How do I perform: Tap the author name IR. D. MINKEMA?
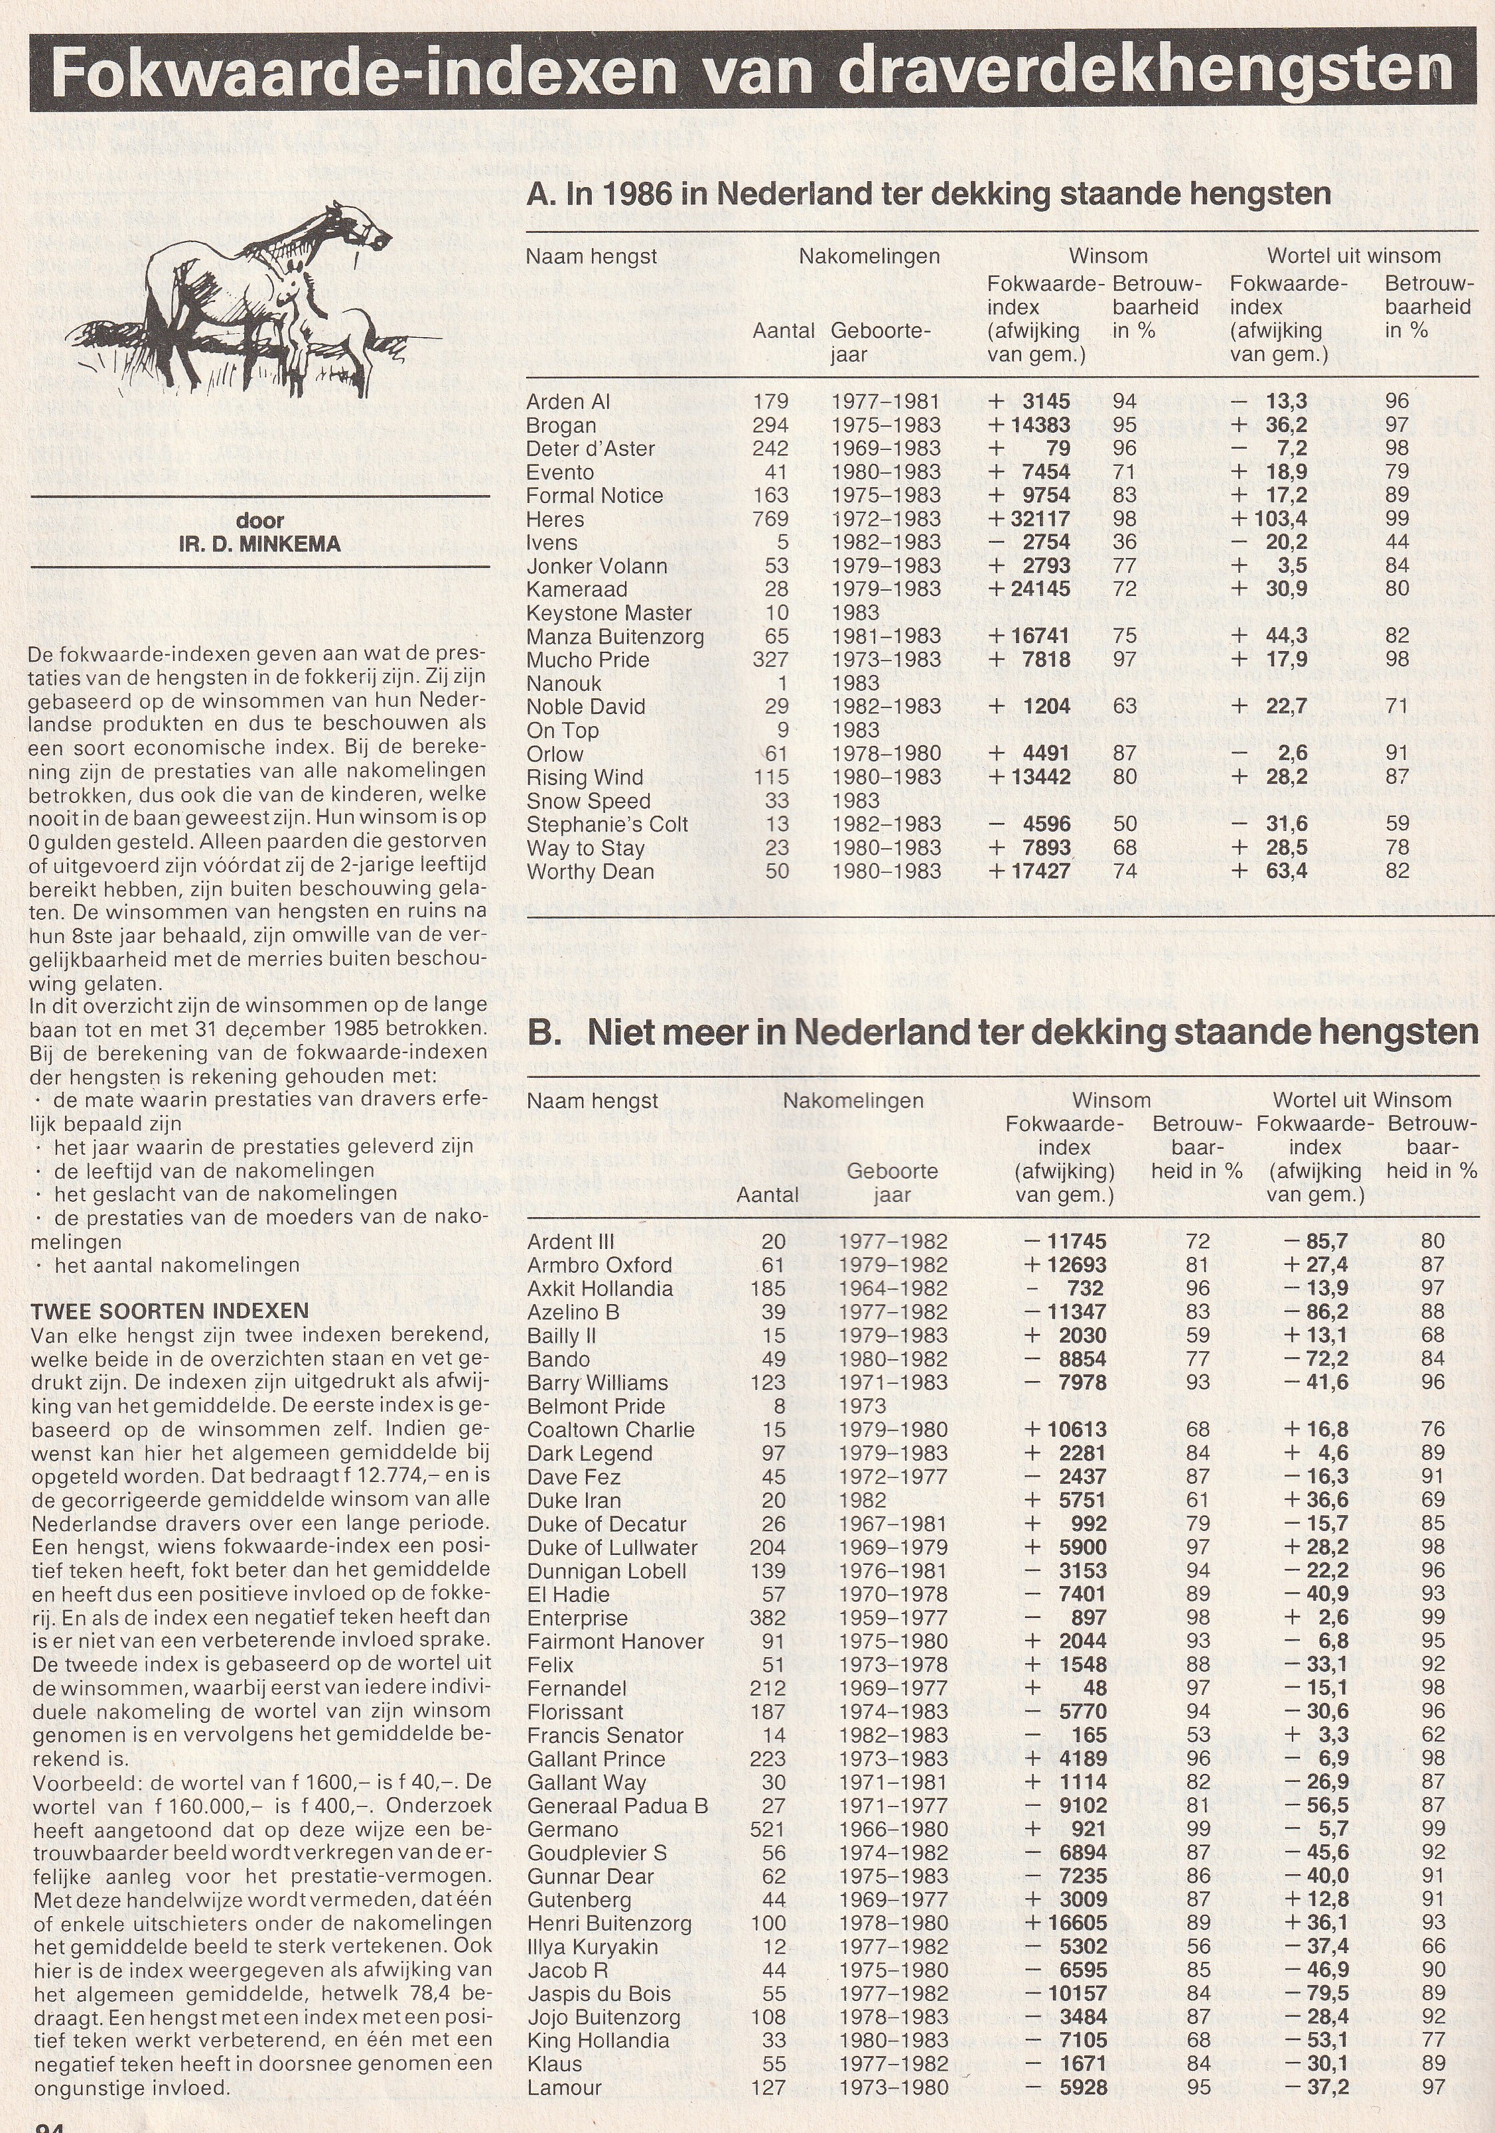point(260,544)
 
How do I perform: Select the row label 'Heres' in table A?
point(555,520)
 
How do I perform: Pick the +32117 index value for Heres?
point(1029,520)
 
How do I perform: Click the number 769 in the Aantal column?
point(770,520)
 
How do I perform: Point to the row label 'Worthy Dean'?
point(590,871)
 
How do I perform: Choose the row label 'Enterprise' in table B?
point(577,1617)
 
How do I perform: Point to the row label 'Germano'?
point(573,1828)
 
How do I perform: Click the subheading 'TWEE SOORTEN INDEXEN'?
point(169,1311)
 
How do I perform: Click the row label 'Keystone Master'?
point(608,613)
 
